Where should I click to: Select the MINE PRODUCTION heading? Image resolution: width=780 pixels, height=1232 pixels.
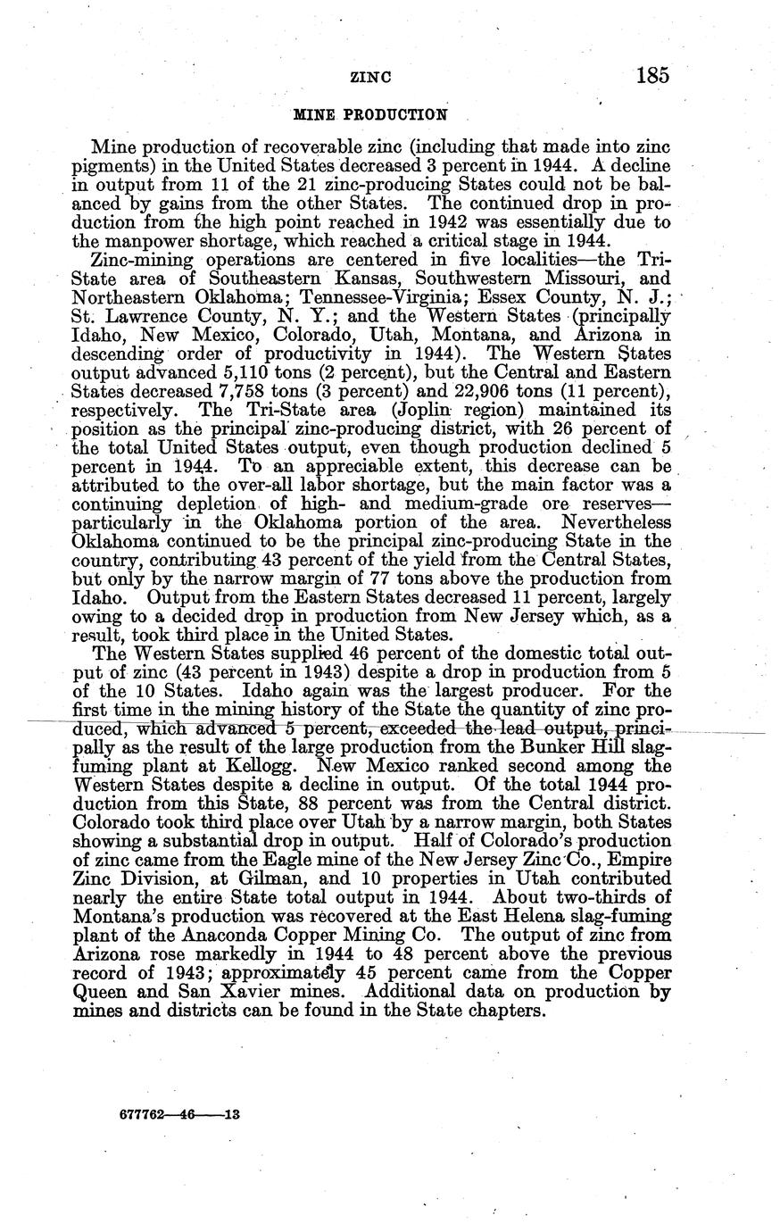click(370, 114)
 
